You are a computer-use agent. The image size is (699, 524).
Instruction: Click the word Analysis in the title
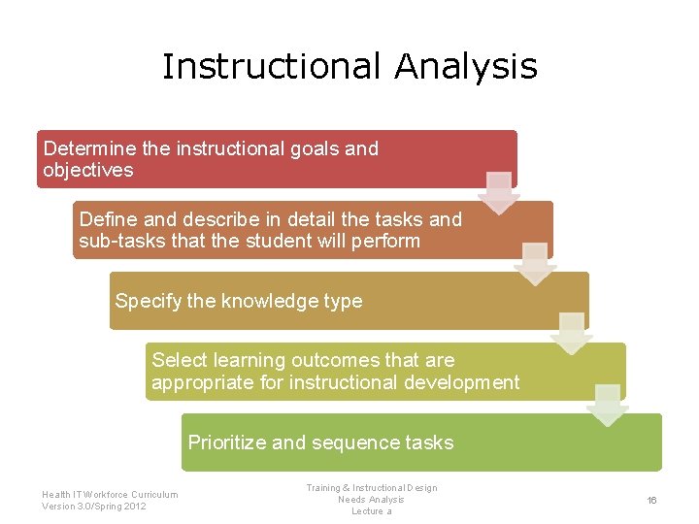(466, 66)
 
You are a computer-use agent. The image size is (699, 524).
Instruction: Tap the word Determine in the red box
(89, 148)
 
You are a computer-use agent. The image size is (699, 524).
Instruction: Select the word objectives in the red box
(87, 170)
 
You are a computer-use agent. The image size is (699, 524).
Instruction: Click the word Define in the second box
(109, 219)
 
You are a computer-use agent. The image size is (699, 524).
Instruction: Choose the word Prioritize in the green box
(227, 442)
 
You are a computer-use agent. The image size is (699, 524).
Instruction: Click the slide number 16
(651, 500)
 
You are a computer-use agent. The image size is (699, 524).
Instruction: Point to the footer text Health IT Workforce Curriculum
(110, 494)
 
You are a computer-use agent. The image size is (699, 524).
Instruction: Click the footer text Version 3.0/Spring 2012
(94, 507)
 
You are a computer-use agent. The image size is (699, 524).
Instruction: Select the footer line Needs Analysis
(371, 500)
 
